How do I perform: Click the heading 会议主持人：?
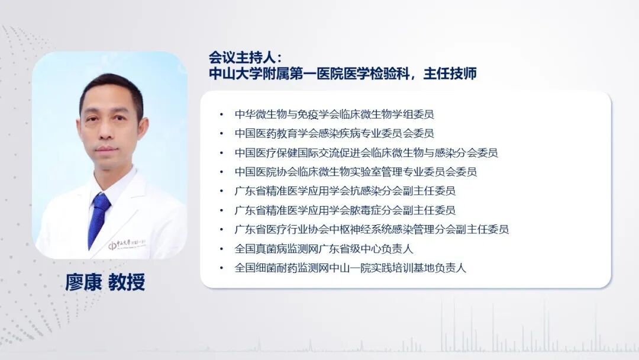pos(246,57)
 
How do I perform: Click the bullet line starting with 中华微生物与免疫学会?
pos(334,114)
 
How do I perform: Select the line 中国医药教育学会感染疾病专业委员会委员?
pos(334,133)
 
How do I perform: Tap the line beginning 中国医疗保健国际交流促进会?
pos(366,153)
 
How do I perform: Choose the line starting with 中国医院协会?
pos(356,172)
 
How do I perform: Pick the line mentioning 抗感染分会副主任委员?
pos(345,191)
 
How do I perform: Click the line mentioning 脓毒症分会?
pos(345,210)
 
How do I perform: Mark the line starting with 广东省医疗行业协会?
pos(372,229)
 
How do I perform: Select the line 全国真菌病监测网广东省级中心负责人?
pos(324,249)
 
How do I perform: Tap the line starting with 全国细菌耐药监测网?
pos(350,268)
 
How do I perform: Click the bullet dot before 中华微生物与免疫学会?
pos(221,114)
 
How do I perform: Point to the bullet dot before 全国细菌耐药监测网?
pos(221,268)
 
